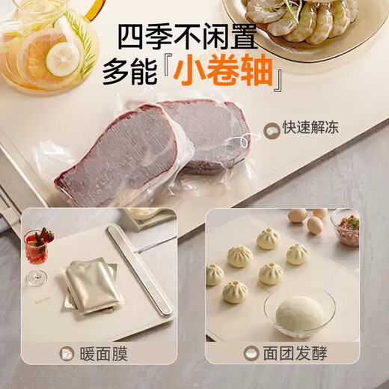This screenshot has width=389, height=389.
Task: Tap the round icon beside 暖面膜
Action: pyautogui.click(x=68, y=354)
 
